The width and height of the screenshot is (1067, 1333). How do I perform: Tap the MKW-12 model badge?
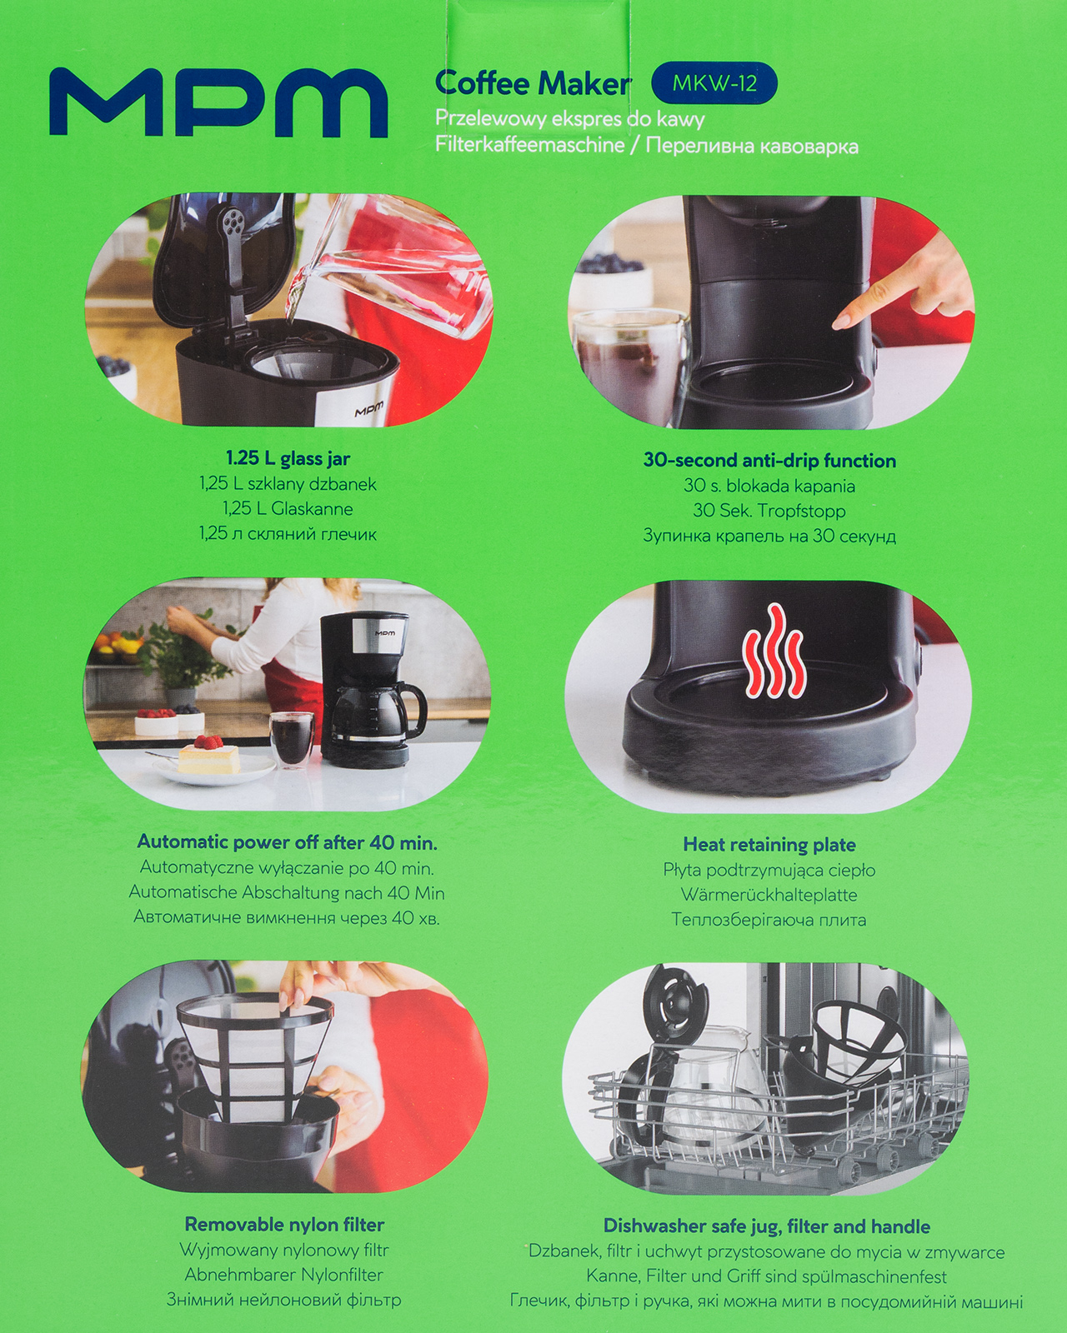coord(714,83)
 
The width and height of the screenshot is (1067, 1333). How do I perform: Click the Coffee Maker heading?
coord(533,83)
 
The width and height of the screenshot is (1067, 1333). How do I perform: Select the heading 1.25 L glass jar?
coord(288,459)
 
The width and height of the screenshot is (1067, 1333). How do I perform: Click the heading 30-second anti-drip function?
coord(769,460)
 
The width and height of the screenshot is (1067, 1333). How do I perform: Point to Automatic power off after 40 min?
coord(287,842)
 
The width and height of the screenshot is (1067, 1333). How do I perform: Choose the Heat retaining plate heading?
coord(769,844)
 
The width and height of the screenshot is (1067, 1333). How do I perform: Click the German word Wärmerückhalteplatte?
coord(769,895)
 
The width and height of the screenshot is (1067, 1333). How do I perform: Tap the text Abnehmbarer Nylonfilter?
coord(284,1275)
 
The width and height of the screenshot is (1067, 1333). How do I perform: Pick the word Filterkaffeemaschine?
coord(529,146)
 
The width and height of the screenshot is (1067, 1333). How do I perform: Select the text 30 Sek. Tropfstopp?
coord(769,511)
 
